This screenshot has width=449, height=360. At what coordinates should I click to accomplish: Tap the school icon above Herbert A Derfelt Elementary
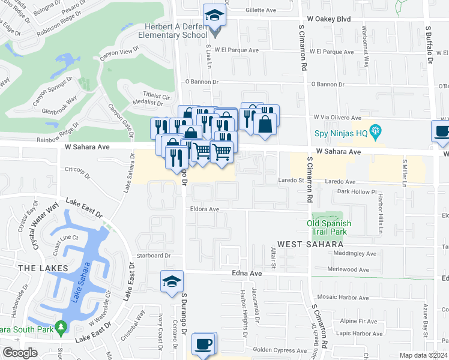click(213, 16)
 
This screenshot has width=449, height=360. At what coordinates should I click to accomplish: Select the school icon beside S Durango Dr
click(171, 282)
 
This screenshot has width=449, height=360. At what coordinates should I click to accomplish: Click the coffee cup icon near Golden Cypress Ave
click(203, 344)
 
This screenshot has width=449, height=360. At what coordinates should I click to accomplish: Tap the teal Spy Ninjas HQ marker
click(376, 130)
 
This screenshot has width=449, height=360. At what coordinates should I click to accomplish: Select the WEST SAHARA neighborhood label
click(310, 245)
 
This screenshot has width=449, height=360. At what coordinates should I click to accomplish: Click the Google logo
click(20, 353)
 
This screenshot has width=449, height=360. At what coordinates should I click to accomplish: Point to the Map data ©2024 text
click(423, 355)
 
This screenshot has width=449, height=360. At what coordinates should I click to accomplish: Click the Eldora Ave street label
click(205, 209)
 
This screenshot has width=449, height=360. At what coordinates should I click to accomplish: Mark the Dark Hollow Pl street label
click(356, 192)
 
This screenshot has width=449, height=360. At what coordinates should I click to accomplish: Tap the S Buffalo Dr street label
click(429, 44)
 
